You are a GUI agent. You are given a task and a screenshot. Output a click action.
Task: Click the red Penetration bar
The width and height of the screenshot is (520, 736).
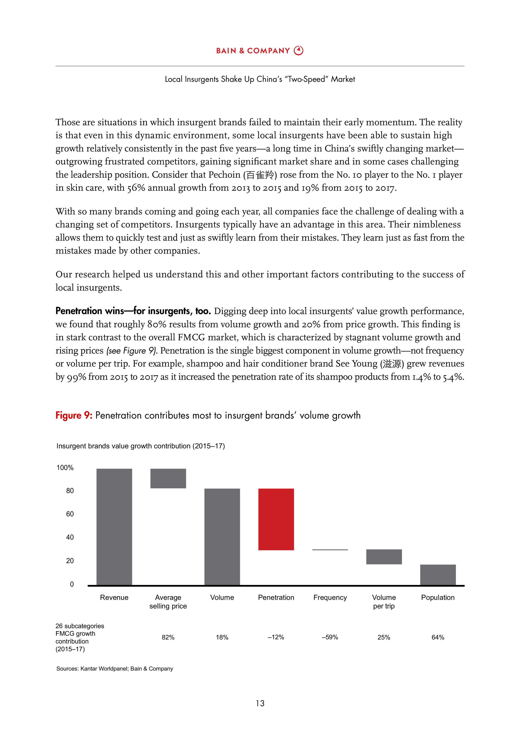click(276, 519)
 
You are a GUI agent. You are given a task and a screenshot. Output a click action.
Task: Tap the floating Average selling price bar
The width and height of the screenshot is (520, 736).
click(168, 478)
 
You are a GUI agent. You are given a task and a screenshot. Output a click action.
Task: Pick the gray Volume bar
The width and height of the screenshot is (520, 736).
click(222, 537)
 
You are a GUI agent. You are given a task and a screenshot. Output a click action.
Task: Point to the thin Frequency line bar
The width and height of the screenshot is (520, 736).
click(330, 550)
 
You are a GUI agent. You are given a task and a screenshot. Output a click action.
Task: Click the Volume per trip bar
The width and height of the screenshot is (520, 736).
click(384, 557)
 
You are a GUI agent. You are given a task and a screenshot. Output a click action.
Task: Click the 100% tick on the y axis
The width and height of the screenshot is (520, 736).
click(65, 468)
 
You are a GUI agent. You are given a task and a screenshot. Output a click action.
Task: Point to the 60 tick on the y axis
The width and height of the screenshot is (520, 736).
click(70, 514)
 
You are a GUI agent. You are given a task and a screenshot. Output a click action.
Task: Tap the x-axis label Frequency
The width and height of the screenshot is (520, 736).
click(330, 598)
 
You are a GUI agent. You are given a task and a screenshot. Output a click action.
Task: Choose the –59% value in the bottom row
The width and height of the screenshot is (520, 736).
click(330, 637)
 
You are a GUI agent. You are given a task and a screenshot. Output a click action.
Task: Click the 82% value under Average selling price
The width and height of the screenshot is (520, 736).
click(168, 637)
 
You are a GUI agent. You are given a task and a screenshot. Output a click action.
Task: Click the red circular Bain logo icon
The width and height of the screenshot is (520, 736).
click(299, 51)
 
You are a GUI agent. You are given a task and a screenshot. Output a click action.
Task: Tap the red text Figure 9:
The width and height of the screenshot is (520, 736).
click(74, 415)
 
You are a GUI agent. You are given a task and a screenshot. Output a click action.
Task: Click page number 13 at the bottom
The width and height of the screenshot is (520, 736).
click(260, 703)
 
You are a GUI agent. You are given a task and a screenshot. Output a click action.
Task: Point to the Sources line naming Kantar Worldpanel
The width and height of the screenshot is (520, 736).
click(114, 669)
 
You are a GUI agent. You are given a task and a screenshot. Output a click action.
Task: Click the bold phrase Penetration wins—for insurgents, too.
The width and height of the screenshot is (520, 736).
click(133, 311)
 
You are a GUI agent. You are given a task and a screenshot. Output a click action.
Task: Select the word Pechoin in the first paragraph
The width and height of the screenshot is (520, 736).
click(224, 175)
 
